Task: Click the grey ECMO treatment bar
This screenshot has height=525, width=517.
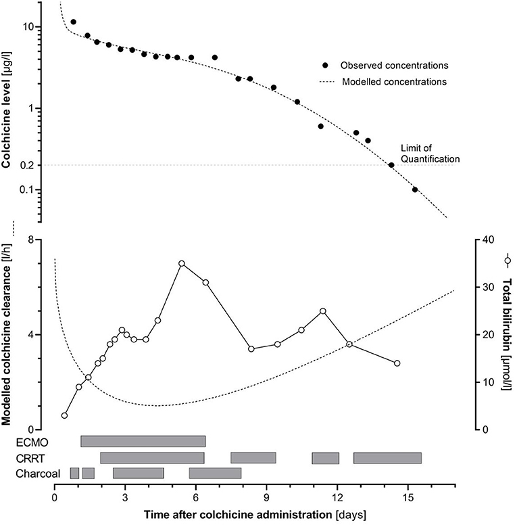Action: tap(143, 442)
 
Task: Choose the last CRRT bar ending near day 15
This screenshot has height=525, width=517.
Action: tap(387, 458)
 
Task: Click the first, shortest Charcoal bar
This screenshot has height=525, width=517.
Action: tap(74, 474)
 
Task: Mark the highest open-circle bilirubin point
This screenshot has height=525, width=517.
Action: tap(182, 263)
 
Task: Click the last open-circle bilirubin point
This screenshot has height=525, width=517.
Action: tap(397, 363)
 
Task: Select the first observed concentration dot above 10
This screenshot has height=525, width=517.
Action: tap(73, 22)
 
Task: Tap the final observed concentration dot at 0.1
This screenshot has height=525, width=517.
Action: tap(415, 189)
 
